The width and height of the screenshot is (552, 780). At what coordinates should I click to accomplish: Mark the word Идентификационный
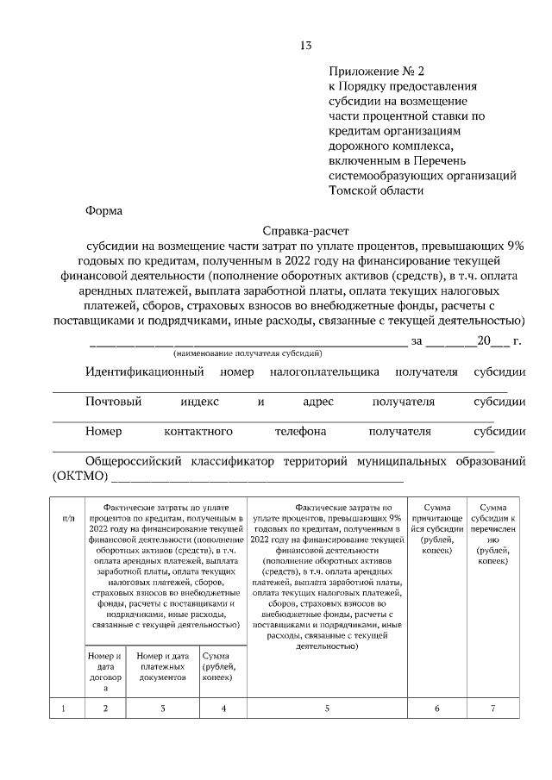(144, 372)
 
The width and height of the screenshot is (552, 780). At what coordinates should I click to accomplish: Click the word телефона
(300, 431)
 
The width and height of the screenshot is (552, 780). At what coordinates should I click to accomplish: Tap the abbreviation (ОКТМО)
(79, 477)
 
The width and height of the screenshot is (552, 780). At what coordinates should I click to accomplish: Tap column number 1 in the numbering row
(64, 708)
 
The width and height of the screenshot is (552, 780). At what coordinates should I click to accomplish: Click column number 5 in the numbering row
(327, 708)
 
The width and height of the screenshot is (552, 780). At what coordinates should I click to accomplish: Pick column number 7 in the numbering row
(492, 708)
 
